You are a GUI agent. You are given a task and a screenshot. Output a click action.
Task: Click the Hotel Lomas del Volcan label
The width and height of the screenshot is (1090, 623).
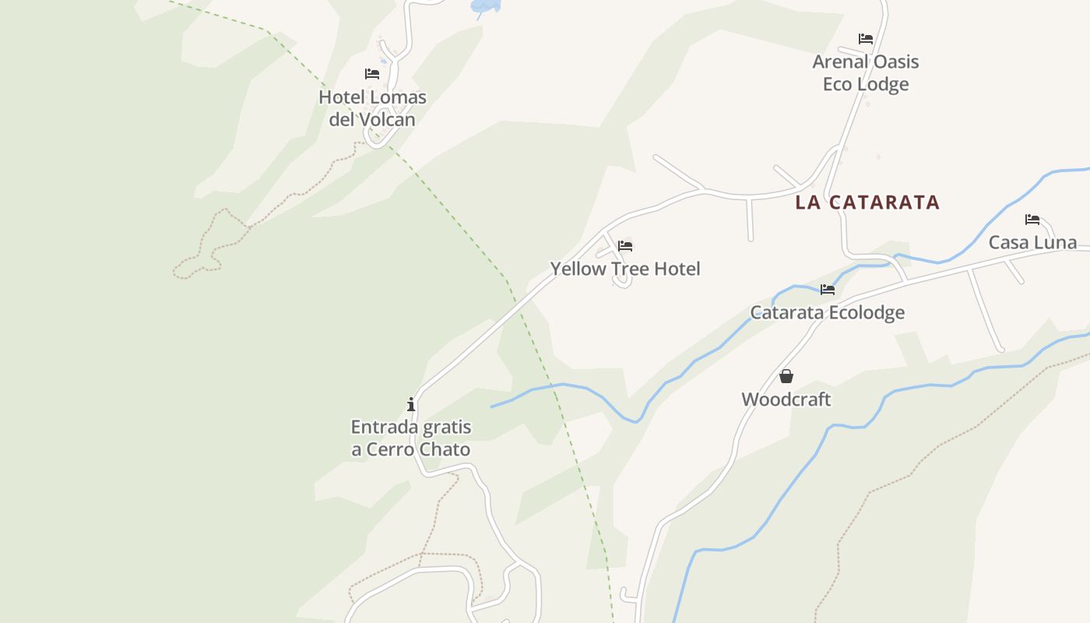click(x=372, y=108)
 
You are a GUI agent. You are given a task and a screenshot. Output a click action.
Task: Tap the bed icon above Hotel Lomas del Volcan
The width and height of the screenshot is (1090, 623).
click(x=372, y=74)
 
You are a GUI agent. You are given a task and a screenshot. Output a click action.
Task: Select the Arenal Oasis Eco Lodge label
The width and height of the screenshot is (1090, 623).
click(x=866, y=72)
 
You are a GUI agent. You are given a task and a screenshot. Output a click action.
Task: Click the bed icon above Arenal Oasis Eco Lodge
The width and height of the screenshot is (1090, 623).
click(x=866, y=39)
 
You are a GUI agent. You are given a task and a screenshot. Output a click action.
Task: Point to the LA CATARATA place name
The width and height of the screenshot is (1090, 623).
click(x=867, y=202)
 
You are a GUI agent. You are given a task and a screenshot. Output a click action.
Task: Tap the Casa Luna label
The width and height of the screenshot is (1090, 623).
click(x=1032, y=242)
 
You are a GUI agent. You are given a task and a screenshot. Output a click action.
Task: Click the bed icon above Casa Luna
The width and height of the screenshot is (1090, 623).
click(x=1032, y=220)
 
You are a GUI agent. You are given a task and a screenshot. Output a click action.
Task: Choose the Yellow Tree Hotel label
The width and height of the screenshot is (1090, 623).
click(x=625, y=269)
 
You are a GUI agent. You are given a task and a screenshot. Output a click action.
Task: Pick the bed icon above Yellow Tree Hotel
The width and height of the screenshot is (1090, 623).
click(x=625, y=246)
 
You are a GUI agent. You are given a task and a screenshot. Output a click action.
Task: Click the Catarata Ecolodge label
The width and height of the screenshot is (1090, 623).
click(x=827, y=312)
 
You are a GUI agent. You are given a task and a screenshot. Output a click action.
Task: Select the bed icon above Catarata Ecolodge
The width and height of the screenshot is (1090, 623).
click(x=827, y=290)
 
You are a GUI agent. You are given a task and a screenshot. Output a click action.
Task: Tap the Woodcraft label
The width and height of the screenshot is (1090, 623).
click(x=786, y=399)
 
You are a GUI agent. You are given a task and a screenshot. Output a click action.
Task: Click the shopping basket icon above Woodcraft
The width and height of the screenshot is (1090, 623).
click(x=786, y=377)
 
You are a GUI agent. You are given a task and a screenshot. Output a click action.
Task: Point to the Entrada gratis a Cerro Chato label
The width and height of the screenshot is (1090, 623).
click(x=411, y=438)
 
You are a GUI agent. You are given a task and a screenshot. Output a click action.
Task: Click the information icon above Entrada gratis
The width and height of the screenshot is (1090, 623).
click(x=411, y=404)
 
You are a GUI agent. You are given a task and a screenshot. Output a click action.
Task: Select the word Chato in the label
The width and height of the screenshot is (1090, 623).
click(x=445, y=449)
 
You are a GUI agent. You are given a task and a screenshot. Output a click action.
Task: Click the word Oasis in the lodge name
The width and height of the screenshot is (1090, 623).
click(x=893, y=62)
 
